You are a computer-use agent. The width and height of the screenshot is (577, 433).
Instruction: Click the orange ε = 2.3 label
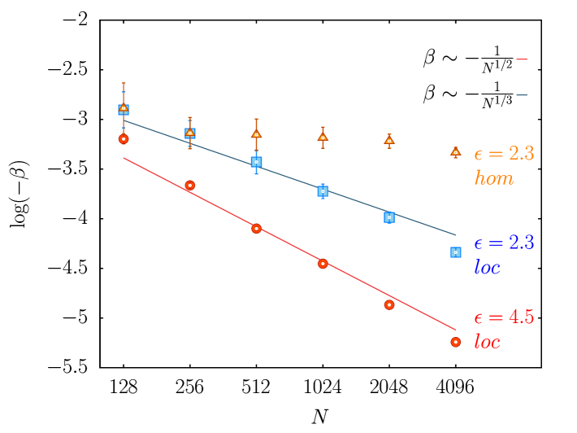pos(503,154)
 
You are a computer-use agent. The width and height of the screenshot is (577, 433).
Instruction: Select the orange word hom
pos(493,178)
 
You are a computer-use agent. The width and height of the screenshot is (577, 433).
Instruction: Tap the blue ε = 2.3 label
pos(503,243)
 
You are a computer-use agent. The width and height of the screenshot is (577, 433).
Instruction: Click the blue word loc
pos(487,267)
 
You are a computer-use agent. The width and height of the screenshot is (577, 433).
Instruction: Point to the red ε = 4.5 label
pos(503,317)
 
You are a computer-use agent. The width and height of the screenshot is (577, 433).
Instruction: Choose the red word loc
pos(487,342)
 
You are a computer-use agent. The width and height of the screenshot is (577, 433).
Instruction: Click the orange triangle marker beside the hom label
pos(456,152)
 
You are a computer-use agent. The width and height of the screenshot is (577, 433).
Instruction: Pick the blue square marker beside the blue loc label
pos(456,252)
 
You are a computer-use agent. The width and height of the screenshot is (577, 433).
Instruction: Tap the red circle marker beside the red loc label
pos(456,342)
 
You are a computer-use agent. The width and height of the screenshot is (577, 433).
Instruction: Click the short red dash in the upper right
pos(522,59)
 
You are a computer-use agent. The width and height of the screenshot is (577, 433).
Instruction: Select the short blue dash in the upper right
pos(522,95)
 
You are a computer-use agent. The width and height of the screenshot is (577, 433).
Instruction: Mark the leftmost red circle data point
pos(124,139)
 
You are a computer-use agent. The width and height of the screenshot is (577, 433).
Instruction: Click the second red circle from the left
pos(190,186)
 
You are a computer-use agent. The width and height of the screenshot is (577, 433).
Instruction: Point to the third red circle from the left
pos(257,229)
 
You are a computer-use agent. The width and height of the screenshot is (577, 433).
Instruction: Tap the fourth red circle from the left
pos(323,264)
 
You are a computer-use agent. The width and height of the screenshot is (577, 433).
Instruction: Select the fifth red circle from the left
pos(389,304)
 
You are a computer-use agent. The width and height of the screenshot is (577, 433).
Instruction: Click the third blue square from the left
pos(257,162)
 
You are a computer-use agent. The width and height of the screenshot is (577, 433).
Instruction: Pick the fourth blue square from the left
pos(323,191)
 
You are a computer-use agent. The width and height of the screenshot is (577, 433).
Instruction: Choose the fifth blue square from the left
pos(389,217)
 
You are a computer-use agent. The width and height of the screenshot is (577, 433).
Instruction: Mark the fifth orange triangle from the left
pos(389,141)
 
